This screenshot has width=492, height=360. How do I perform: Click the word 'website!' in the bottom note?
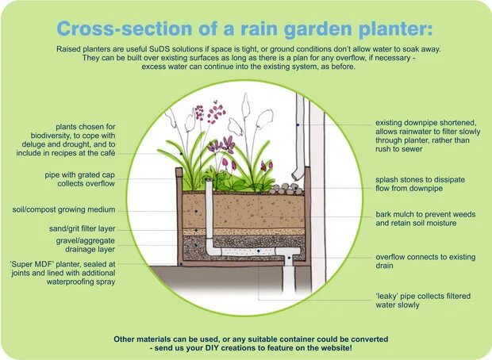[x=329, y=348]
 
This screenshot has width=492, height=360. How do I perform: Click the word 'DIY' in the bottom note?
[x=202, y=348]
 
